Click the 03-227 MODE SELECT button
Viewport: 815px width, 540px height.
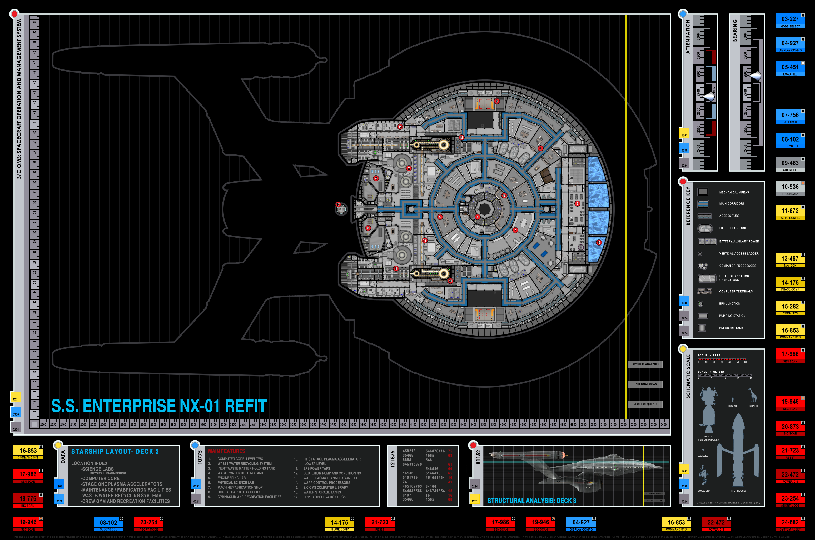click(x=789, y=21)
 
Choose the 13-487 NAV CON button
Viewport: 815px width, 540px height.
click(x=789, y=260)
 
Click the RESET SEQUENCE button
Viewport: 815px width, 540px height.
click(x=645, y=404)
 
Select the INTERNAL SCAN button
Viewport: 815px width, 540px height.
click(x=645, y=384)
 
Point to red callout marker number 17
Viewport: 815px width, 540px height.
click(x=338, y=204)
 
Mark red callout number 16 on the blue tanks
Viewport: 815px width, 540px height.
click(x=599, y=242)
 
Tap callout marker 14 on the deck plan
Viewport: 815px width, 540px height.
click(x=400, y=127)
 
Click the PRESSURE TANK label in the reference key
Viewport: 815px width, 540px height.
click(x=731, y=328)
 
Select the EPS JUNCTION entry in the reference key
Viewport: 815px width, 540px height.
click(x=729, y=304)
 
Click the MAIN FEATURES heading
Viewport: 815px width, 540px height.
click(x=227, y=451)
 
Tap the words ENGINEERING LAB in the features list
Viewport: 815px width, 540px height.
click(x=231, y=478)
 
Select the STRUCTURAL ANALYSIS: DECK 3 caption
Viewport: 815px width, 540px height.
click(x=531, y=501)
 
